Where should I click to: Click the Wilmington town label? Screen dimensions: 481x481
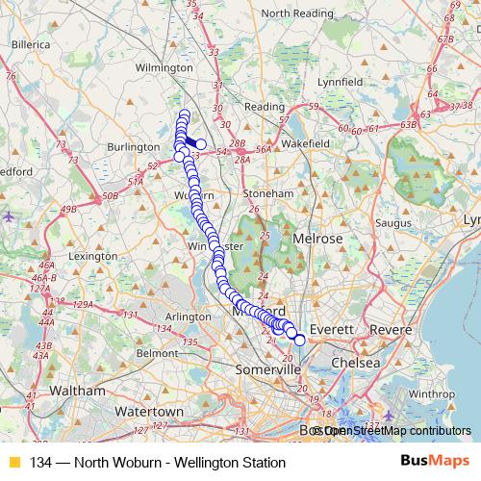(x=165, y=68)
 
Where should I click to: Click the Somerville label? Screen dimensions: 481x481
(x=266, y=369)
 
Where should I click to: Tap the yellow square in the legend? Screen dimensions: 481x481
(x=13, y=462)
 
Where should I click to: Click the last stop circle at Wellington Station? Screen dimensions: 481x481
(x=299, y=340)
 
